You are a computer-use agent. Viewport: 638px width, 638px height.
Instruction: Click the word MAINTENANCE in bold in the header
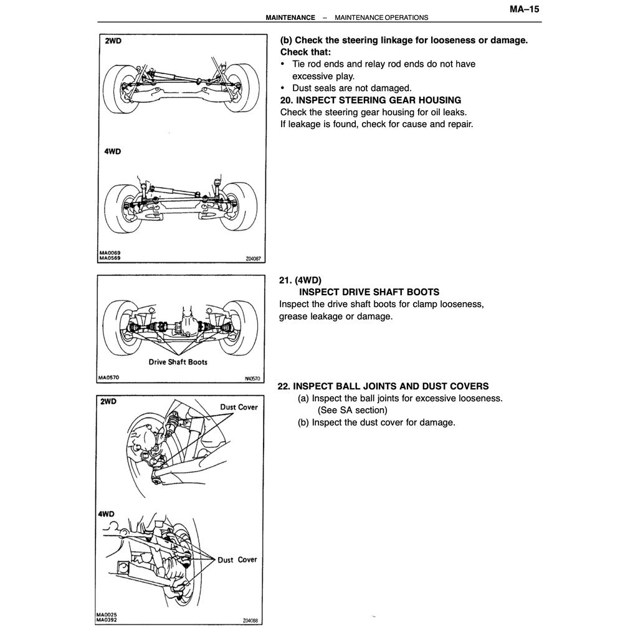click(290, 17)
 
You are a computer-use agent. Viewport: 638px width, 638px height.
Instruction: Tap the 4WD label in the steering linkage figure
click(113, 151)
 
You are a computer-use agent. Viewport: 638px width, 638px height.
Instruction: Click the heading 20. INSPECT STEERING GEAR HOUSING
click(371, 100)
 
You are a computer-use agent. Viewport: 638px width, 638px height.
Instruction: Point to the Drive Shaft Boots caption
click(178, 362)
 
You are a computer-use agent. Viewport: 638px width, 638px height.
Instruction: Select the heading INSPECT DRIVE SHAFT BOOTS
click(369, 292)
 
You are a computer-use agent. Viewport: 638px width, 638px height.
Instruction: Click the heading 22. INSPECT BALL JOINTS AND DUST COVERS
click(383, 386)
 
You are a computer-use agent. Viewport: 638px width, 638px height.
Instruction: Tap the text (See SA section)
click(352, 410)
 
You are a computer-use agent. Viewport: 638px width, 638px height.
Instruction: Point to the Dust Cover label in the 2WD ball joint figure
click(238, 407)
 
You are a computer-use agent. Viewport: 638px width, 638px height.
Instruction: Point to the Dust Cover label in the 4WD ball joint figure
click(237, 559)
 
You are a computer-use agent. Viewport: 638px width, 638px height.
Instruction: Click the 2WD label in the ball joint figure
click(108, 402)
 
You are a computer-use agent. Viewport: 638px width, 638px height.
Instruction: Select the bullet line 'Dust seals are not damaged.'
click(351, 88)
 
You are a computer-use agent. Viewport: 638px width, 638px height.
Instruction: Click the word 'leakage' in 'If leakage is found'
click(306, 124)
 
